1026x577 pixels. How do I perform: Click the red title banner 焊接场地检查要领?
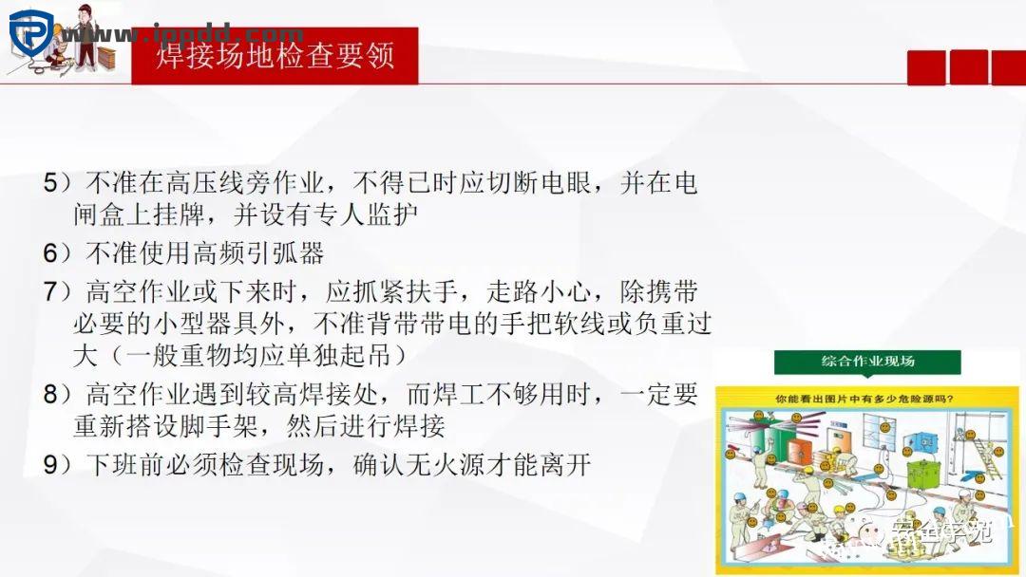pos(275,55)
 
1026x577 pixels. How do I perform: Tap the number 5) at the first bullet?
pos(57,181)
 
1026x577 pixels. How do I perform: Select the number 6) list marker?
pos(57,252)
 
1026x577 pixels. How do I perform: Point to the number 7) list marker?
pos(57,290)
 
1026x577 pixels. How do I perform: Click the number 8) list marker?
pos(57,393)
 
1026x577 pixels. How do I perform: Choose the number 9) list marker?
pos(57,465)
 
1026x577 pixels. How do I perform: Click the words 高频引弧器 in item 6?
pos(259,252)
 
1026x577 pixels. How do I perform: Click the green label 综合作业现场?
pos(866,362)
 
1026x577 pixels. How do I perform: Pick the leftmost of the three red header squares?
pos(926,67)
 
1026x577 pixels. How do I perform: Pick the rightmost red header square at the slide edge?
pos(1009,67)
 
